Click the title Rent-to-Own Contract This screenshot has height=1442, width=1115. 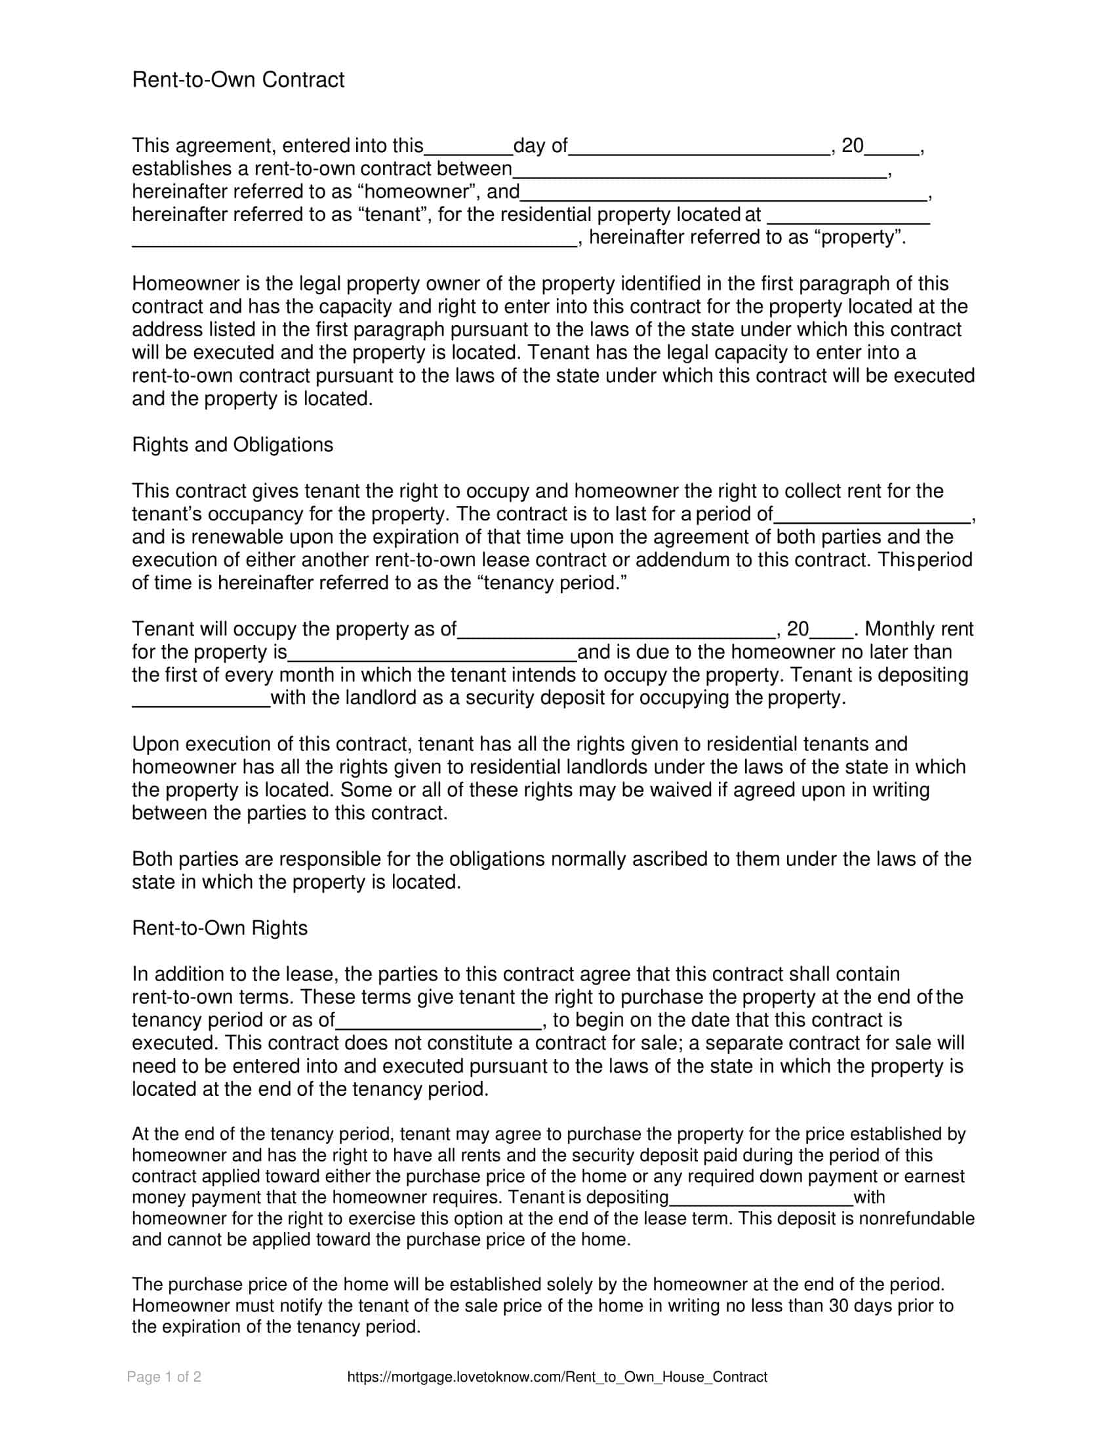(x=238, y=80)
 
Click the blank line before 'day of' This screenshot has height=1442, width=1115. (x=468, y=148)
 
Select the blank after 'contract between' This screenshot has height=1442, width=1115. (x=700, y=171)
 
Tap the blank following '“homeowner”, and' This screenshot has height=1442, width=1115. (x=724, y=194)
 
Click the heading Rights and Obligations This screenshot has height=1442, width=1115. (x=233, y=445)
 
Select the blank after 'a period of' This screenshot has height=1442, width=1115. (x=872, y=516)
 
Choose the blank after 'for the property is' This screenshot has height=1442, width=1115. (x=433, y=655)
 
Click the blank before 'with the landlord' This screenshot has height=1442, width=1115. (x=201, y=701)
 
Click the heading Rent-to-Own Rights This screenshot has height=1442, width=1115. (x=219, y=928)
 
